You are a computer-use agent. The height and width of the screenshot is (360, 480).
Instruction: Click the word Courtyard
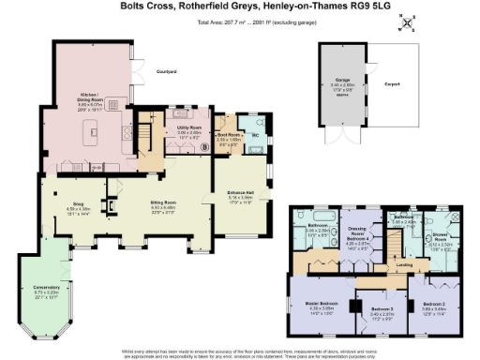coord(168,69)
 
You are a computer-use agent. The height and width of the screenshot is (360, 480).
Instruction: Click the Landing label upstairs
coord(403,265)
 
